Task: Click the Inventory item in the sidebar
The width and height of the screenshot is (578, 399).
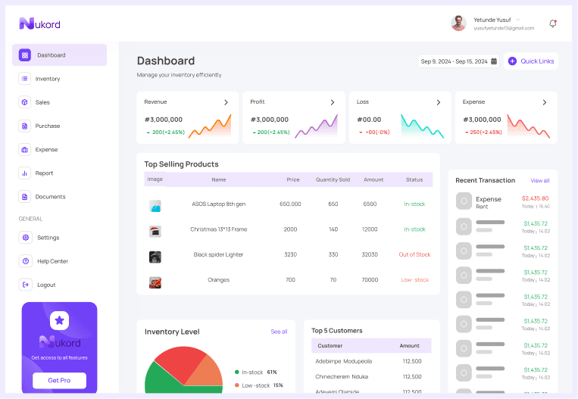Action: tap(47, 79)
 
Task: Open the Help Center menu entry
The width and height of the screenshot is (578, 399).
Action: tap(52, 261)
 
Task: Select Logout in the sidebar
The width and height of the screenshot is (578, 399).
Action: tap(46, 285)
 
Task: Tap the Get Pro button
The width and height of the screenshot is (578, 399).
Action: tap(59, 380)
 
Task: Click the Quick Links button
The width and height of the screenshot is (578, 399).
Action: tap(531, 61)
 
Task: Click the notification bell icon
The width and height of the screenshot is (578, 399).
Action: tap(552, 23)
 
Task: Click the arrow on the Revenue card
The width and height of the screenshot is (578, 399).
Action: tap(226, 102)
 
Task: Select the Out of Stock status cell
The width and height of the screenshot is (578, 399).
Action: tap(414, 254)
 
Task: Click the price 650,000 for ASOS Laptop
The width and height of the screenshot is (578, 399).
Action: tap(290, 204)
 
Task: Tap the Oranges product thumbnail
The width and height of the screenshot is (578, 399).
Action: tap(155, 282)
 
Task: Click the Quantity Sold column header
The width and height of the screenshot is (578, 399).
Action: tap(333, 179)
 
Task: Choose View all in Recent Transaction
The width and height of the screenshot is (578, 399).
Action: tap(540, 181)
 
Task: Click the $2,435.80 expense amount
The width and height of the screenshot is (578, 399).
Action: tap(535, 198)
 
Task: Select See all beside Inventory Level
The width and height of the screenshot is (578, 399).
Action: tap(279, 332)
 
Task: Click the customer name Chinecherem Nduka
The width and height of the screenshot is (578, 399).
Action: tap(342, 376)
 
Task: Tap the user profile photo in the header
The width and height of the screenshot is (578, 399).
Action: tap(458, 23)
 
